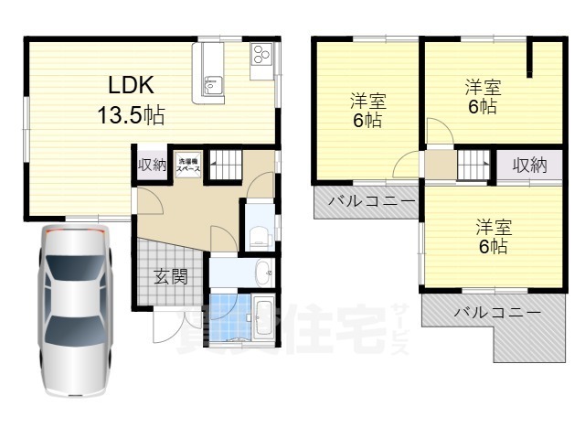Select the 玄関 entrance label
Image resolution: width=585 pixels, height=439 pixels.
[x=170, y=275]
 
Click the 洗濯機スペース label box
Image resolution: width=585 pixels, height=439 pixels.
[x=189, y=163]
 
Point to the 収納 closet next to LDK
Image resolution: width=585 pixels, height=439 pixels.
[x=153, y=165]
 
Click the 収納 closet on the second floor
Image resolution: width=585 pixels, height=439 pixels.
[x=528, y=166]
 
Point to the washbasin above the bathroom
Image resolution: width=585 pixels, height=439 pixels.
[x=262, y=271]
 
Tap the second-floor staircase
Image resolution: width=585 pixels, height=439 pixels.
[x=473, y=166]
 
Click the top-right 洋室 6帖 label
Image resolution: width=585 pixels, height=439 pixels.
[x=481, y=97]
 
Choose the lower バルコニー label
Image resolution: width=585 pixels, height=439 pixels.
[x=496, y=313]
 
